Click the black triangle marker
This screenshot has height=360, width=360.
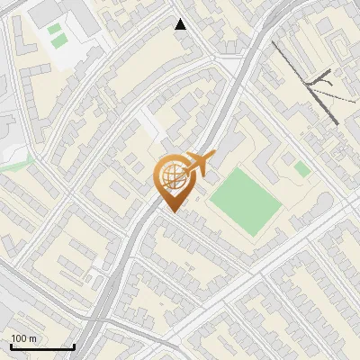coord(181,24)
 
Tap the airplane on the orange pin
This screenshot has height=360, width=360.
coord(200,163)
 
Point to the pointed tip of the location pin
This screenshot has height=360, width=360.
coord(171,211)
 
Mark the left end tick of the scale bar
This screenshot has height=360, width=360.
coord(11,346)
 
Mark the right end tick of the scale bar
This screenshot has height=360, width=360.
coord(74,346)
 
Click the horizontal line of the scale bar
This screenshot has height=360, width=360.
coord(42,347)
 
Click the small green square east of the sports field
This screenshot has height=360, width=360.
coord(302,168)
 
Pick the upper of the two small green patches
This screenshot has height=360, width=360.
coord(55,30)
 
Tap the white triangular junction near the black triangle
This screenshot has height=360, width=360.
coord(229,65)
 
